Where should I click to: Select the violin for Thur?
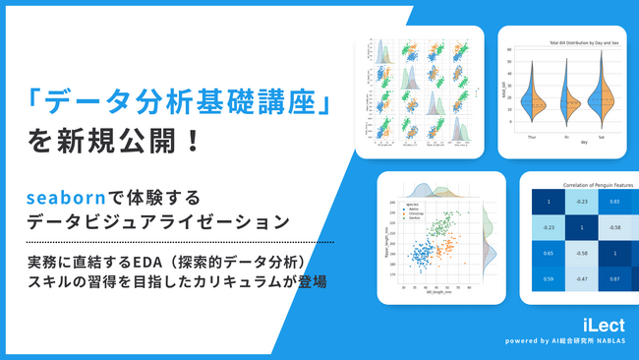(532, 102)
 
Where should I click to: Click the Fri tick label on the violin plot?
(568, 137)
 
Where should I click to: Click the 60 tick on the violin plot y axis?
(511, 49)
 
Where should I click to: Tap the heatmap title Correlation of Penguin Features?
(580, 185)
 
